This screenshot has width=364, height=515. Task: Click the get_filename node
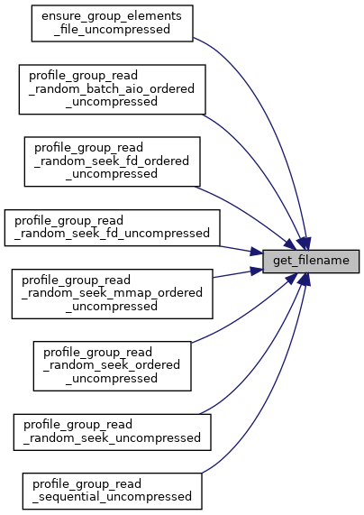[311, 262]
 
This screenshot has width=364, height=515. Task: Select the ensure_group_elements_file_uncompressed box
[113, 23]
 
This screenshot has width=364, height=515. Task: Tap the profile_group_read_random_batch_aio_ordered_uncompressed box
[113, 89]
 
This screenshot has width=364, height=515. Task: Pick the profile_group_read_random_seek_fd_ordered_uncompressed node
[113, 161]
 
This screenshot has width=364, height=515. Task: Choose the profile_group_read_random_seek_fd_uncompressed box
[113, 227]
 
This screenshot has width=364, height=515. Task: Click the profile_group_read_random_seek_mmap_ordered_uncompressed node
[113, 294]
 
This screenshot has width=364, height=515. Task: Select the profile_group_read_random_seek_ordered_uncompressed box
[113, 366]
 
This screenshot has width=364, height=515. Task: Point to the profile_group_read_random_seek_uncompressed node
[113, 432]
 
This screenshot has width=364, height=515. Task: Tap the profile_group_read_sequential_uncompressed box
[113, 492]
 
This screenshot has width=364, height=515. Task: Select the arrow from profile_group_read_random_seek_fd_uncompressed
[241, 250]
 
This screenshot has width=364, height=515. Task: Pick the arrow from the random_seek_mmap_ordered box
[238, 273]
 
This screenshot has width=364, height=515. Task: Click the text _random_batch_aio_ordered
[112, 89]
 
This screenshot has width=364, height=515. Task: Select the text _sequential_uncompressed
[112, 497]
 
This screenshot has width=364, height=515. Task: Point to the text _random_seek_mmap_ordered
[112, 293]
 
